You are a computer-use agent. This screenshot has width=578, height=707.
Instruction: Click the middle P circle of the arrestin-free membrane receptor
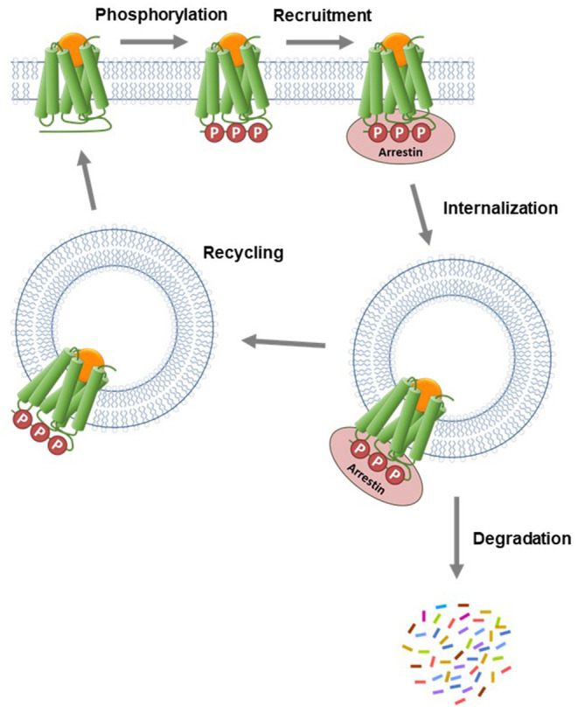tap(235, 133)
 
